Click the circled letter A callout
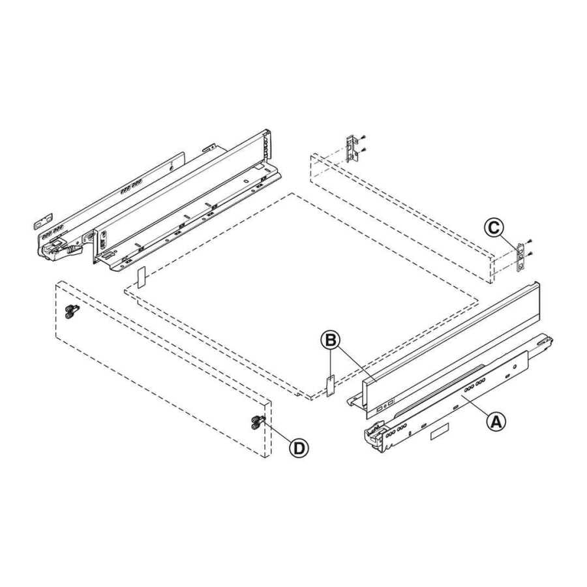[x=496, y=421]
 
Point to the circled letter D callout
[x=299, y=447]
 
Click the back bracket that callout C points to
[x=520, y=257]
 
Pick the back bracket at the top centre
[x=352, y=149]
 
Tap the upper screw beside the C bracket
[x=530, y=242]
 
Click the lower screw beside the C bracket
[x=530, y=254]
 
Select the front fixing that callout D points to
[x=256, y=423]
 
